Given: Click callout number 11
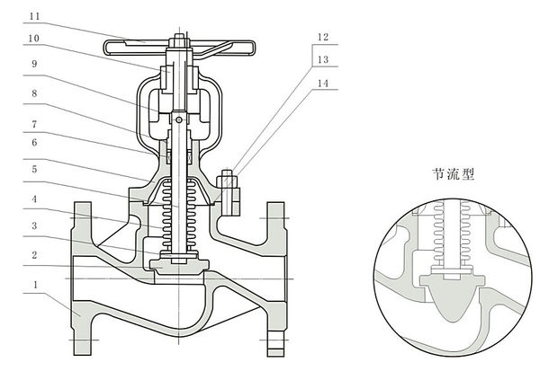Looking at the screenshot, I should point(33,16).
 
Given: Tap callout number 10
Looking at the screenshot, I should point(33,39).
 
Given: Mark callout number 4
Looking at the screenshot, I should point(33,199).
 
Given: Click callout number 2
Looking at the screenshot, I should point(33,255).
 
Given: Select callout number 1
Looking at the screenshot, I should point(33,287).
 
